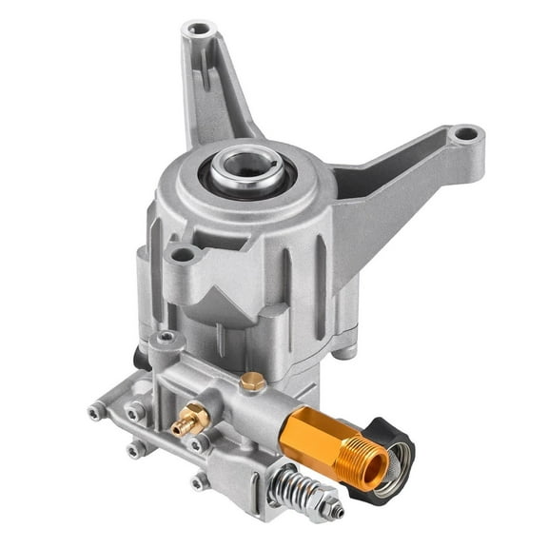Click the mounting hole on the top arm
(198, 29)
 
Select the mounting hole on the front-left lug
(182, 254)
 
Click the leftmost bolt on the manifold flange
(97, 411)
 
